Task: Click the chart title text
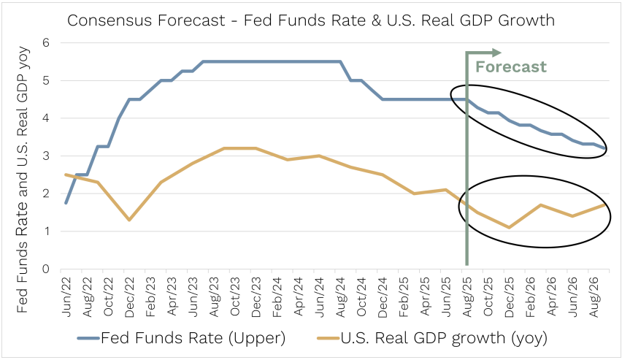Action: [310, 20]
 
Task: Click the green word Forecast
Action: [510, 67]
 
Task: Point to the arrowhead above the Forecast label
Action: [497, 52]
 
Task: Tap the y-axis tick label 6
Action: [46, 42]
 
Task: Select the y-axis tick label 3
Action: [46, 156]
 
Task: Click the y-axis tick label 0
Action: [46, 269]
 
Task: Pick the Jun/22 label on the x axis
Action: [67, 294]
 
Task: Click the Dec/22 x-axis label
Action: [129, 294]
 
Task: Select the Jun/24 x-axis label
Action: [319, 294]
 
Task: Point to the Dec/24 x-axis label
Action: [383, 294]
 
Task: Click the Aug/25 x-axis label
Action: [467, 294]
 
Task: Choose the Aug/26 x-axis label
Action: [594, 294]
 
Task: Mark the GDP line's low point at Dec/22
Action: [128, 220]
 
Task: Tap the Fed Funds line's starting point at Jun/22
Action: [66, 203]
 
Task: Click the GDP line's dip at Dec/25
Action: [509, 227]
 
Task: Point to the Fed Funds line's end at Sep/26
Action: [604, 148]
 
